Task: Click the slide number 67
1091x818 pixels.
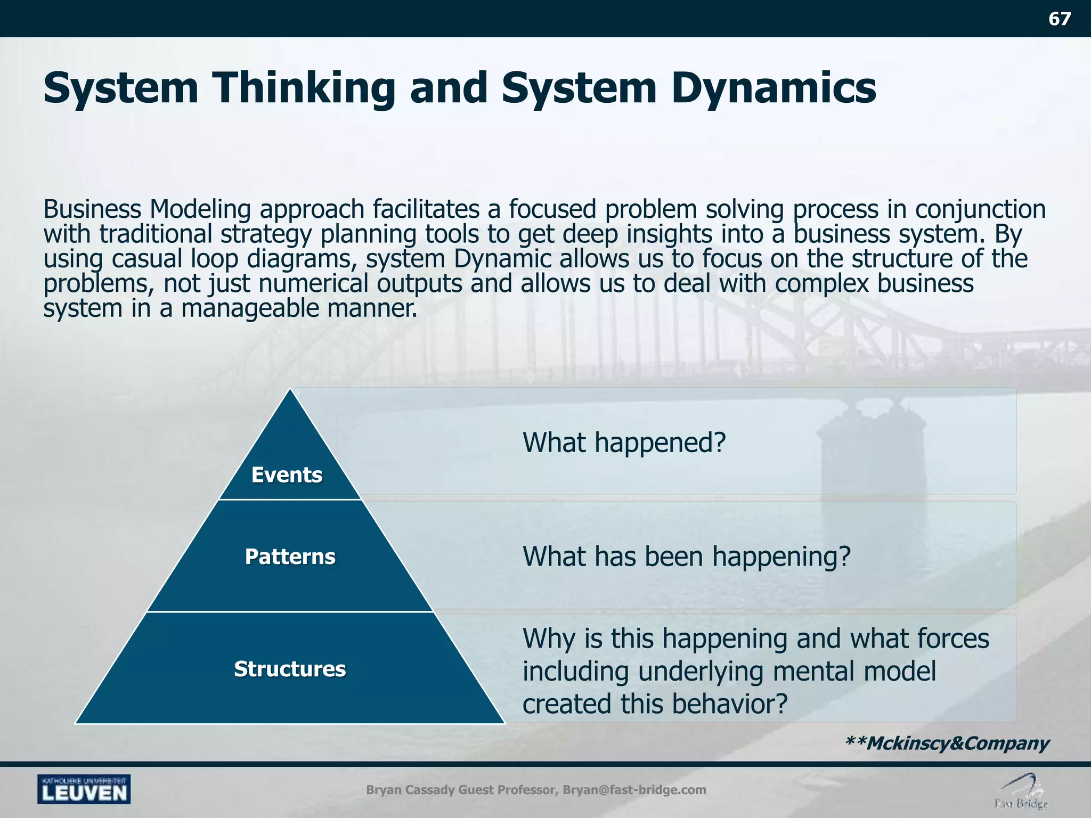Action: pos(1059,19)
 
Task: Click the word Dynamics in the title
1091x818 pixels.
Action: pos(773,88)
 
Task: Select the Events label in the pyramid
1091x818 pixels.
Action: pos(287,475)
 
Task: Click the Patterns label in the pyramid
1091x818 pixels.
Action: pos(290,557)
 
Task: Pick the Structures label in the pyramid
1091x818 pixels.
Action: pos(290,669)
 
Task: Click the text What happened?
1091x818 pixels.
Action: pos(624,442)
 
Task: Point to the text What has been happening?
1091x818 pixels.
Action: pos(687,556)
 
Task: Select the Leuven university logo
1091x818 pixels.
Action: pos(84,789)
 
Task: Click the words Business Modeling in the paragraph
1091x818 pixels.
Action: pos(146,209)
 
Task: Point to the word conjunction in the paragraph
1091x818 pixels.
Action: pos(980,209)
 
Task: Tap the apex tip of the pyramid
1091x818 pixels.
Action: pos(290,390)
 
